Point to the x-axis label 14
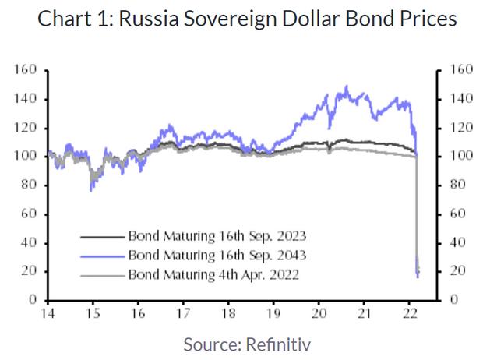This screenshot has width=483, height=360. pyautogui.click(x=48, y=314)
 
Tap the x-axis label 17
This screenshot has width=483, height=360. pyautogui.click(x=184, y=314)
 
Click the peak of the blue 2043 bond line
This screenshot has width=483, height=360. pyautogui.click(x=346, y=86)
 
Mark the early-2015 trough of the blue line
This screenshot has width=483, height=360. pyautogui.click(x=92, y=189)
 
